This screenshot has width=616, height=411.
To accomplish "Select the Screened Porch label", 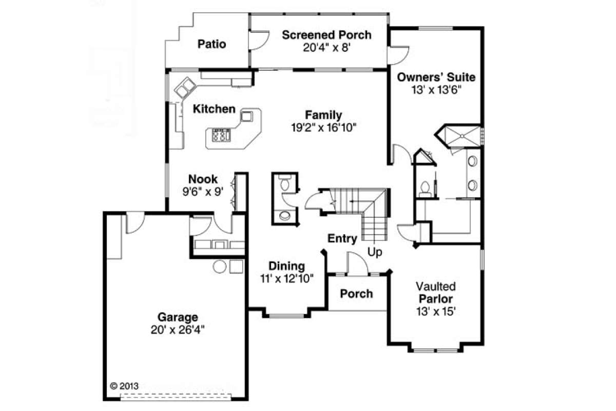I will coord(326,35).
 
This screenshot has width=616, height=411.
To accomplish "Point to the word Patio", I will coord(212,44).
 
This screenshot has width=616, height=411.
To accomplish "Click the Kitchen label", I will coord(214,109).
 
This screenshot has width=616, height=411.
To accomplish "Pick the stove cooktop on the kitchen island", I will coord(221,136).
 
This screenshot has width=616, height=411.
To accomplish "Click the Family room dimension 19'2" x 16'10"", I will coord(323,127).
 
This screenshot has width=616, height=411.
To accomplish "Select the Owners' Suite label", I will coord(436,78).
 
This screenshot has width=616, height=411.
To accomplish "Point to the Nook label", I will coord(203,179).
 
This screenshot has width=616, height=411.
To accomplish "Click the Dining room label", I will coord(287,266).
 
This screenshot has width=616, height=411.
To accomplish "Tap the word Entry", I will coord(342,238).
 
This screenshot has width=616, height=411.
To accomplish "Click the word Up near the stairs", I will coord(375,253).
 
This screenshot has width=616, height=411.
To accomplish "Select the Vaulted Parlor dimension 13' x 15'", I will coord(436,311).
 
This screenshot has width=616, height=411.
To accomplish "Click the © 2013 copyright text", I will coord(125,385).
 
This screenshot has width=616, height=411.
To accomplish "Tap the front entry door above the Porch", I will coord(357,265).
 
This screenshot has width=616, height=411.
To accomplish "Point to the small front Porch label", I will coord(357,294).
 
